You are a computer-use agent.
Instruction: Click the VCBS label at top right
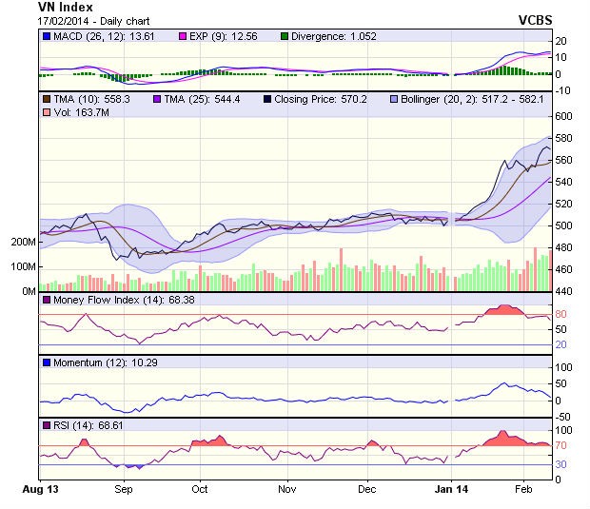tap(536, 19)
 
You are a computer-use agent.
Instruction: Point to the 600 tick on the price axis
tap(563, 116)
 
